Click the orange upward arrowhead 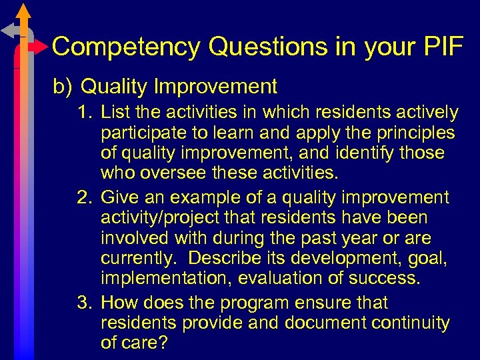coord(24,11)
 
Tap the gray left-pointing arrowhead coord(8,31)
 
